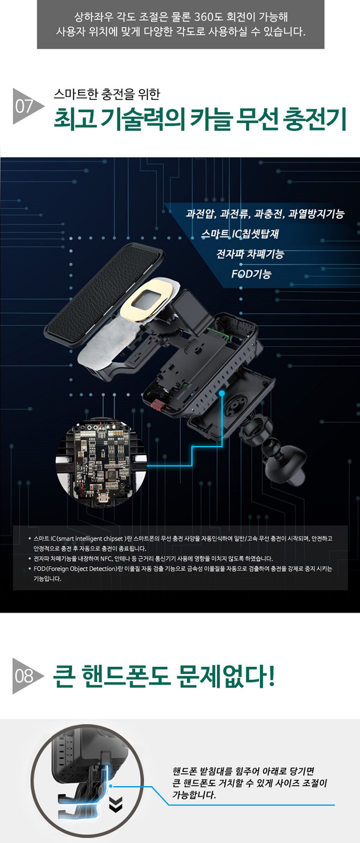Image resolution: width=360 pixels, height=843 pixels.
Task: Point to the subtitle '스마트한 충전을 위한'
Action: point(107,94)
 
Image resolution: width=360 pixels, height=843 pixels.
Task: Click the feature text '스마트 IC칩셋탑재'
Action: point(240,234)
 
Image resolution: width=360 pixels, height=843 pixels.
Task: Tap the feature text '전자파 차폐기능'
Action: point(250,254)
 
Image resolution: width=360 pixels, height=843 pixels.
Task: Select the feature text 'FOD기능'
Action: point(251,274)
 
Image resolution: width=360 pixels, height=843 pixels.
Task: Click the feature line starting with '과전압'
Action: point(265,214)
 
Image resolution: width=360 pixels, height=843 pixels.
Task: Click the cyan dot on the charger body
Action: point(222,393)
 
